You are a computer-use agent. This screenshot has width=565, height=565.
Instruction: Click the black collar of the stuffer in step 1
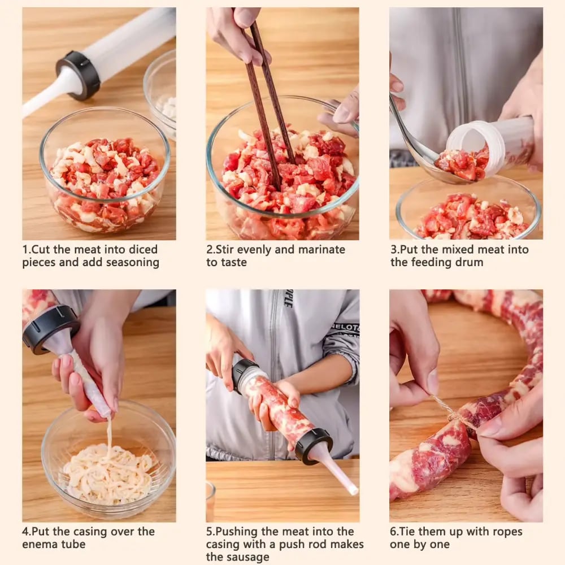click(78, 75)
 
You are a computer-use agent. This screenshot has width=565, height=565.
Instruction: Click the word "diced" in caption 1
click(143, 249)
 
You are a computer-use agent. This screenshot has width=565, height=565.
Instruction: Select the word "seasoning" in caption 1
click(133, 263)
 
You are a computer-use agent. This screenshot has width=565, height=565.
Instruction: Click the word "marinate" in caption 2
click(322, 249)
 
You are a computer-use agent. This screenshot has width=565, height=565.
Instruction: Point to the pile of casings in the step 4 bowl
click(108, 472)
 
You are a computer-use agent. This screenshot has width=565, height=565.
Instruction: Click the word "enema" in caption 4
click(40, 544)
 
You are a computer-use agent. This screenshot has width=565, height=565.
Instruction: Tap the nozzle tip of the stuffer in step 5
click(354, 490)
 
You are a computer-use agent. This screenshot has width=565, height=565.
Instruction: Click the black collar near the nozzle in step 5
click(312, 445)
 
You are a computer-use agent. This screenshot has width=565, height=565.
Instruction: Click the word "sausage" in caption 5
click(250, 557)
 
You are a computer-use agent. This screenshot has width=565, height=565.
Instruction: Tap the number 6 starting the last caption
click(393, 531)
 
